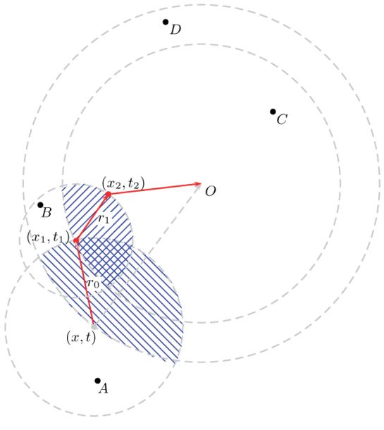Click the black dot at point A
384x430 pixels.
98,381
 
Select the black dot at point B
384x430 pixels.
40,205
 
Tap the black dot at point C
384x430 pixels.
273,111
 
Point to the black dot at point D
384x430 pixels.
166,22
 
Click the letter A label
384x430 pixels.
104,388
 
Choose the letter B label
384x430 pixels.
47,212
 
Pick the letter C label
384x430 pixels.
282,119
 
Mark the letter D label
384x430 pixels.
175,30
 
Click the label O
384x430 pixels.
210,191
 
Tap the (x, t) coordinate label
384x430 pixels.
80,337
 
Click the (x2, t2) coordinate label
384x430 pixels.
123,183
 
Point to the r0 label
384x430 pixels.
92,283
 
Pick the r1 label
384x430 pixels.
104,219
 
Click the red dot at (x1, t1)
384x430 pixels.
76,240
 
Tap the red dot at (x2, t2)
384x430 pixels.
108,194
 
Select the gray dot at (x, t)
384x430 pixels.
94,326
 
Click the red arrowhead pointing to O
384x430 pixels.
197,185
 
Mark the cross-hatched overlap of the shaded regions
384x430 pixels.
106,257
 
